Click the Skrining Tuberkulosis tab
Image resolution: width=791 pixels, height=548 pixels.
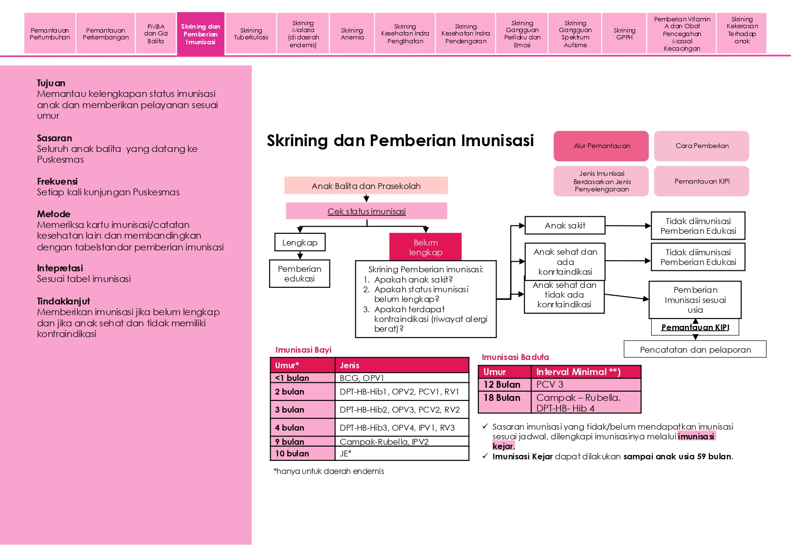pyautogui.click(x=251, y=34)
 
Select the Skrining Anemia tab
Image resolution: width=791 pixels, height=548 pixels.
pyautogui.click(x=352, y=34)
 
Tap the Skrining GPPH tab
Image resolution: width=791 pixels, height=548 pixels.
pyautogui.click(x=624, y=34)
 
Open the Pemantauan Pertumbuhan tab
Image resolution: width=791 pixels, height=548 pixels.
pyautogui.click(x=50, y=34)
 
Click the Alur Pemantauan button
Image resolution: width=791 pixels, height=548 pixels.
pyautogui.click(x=601, y=146)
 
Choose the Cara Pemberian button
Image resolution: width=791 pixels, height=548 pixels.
pyautogui.click(x=701, y=146)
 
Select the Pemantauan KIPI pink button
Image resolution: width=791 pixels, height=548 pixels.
pyautogui.click(x=701, y=181)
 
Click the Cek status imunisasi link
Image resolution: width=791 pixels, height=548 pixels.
pyautogui.click(x=367, y=211)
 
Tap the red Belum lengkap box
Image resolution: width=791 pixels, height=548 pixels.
pyautogui.click(x=425, y=247)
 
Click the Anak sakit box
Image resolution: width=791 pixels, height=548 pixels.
pyautogui.click(x=565, y=226)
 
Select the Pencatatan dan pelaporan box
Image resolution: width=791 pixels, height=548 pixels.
pyautogui.click(x=695, y=349)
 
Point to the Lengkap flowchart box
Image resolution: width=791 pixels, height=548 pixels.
pyautogui.click(x=300, y=242)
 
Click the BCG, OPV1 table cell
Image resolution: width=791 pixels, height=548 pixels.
pyautogui.click(x=402, y=378)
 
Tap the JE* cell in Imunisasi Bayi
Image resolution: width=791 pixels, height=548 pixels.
pyautogui.click(x=402, y=454)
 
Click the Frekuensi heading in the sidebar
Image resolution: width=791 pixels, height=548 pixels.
pyautogui.click(x=57, y=181)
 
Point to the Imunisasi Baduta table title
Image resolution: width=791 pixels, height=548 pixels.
pyautogui.click(x=515, y=357)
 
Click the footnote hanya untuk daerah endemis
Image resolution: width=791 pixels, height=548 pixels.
pyautogui.click(x=329, y=471)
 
